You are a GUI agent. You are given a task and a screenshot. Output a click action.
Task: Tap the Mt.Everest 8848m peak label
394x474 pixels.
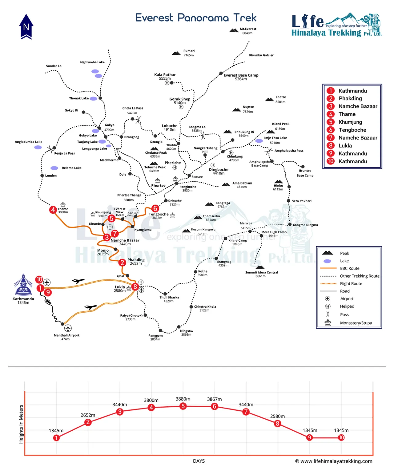pos(247,31)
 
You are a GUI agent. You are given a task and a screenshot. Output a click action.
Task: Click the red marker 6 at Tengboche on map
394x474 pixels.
pos(155,209)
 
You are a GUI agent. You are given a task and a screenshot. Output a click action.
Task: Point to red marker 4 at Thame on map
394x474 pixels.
pos(53,210)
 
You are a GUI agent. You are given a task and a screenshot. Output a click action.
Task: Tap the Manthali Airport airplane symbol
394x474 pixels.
pos(68,328)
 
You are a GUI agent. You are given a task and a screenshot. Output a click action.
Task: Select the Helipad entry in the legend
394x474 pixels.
pos(347,306)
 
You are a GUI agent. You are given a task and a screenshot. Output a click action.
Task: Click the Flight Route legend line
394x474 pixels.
pos(328,283)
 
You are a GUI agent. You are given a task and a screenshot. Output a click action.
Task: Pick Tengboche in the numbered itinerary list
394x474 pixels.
pos(352,130)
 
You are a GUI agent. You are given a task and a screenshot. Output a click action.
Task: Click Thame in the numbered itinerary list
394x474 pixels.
pos(347,114)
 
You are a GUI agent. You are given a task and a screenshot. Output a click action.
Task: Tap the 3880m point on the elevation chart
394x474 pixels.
pos(183,406)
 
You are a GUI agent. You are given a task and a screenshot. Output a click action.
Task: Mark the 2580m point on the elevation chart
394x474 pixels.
pos(277,424)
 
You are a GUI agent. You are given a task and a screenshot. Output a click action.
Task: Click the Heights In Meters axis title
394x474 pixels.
pos(21,424)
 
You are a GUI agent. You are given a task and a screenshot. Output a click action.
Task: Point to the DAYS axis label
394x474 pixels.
pos(199,461)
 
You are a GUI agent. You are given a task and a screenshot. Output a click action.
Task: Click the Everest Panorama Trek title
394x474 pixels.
pos(196,18)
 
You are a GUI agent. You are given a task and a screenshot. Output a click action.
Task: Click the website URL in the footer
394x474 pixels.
pos(336,461)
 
